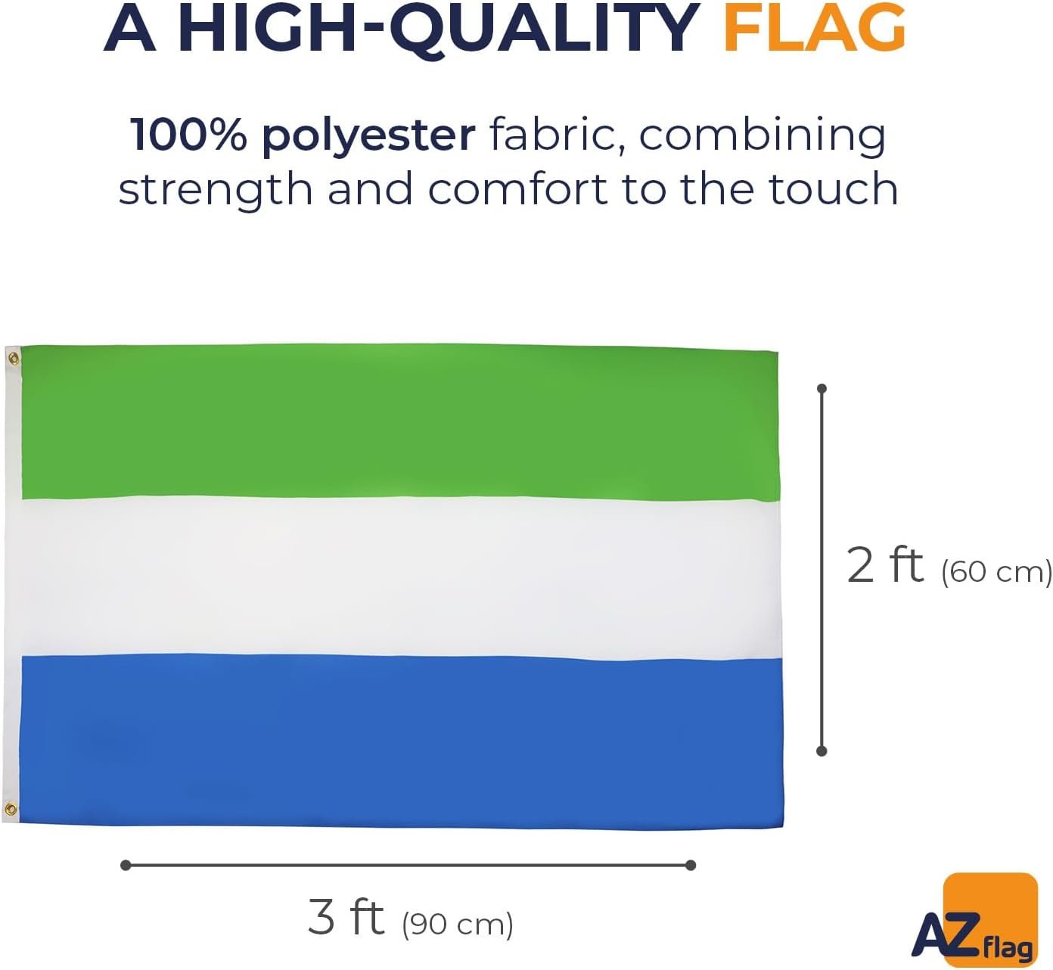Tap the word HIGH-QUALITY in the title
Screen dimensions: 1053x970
tap(438, 30)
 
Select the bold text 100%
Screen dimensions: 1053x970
tap(188, 135)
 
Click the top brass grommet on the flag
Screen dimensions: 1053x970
tap(14, 359)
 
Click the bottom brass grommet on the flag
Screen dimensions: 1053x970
tap(11, 809)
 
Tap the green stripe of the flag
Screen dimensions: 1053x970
tap(400, 421)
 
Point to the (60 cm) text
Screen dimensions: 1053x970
tap(996, 571)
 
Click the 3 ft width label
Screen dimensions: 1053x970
tap(346, 917)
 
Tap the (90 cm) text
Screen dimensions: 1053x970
tap(457, 924)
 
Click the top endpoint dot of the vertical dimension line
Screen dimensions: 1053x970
tap(822, 389)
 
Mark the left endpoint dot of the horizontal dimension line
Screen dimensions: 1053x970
tap(126, 865)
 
